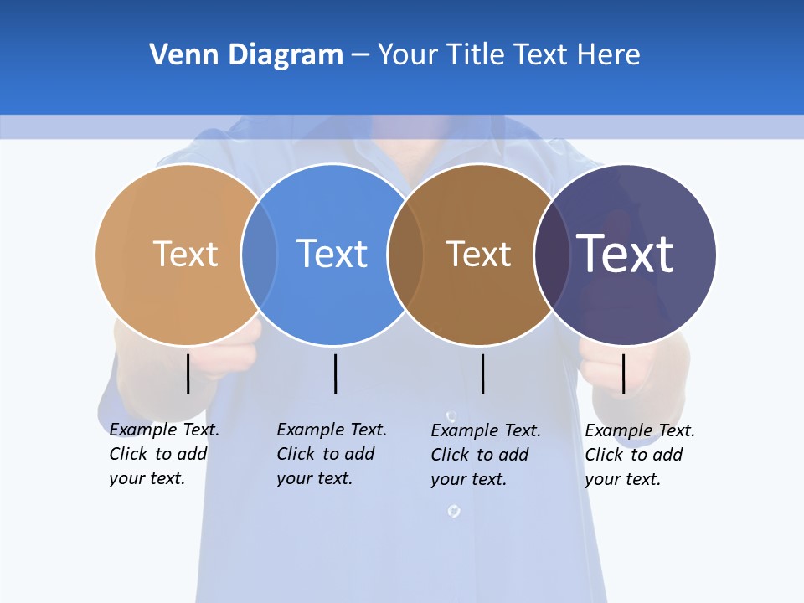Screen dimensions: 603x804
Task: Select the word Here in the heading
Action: tap(609, 55)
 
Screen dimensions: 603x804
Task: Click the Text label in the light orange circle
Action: tap(185, 254)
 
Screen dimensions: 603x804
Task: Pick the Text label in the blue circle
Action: tap(332, 254)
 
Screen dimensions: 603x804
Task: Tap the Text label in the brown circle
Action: tap(478, 254)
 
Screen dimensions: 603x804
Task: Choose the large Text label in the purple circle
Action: tap(625, 253)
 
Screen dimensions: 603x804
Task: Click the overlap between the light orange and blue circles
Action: tap(259, 255)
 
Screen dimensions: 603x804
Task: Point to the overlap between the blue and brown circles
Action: tap(405, 255)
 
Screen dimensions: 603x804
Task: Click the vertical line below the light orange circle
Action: tap(188, 374)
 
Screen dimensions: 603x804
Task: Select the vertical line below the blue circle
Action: tap(335, 374)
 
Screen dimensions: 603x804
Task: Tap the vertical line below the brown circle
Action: tap(482, 374)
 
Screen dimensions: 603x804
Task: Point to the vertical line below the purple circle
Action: tap(623, 374)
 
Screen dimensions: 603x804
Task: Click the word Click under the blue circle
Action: tap(295, 454)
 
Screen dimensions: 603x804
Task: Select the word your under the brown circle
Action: tap(447, 479)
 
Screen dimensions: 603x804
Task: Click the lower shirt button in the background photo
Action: tap(453, 510)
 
